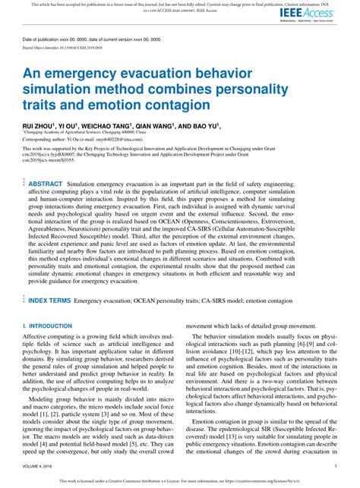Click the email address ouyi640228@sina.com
(138, 140)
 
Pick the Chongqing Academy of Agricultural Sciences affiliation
(78, 132)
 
